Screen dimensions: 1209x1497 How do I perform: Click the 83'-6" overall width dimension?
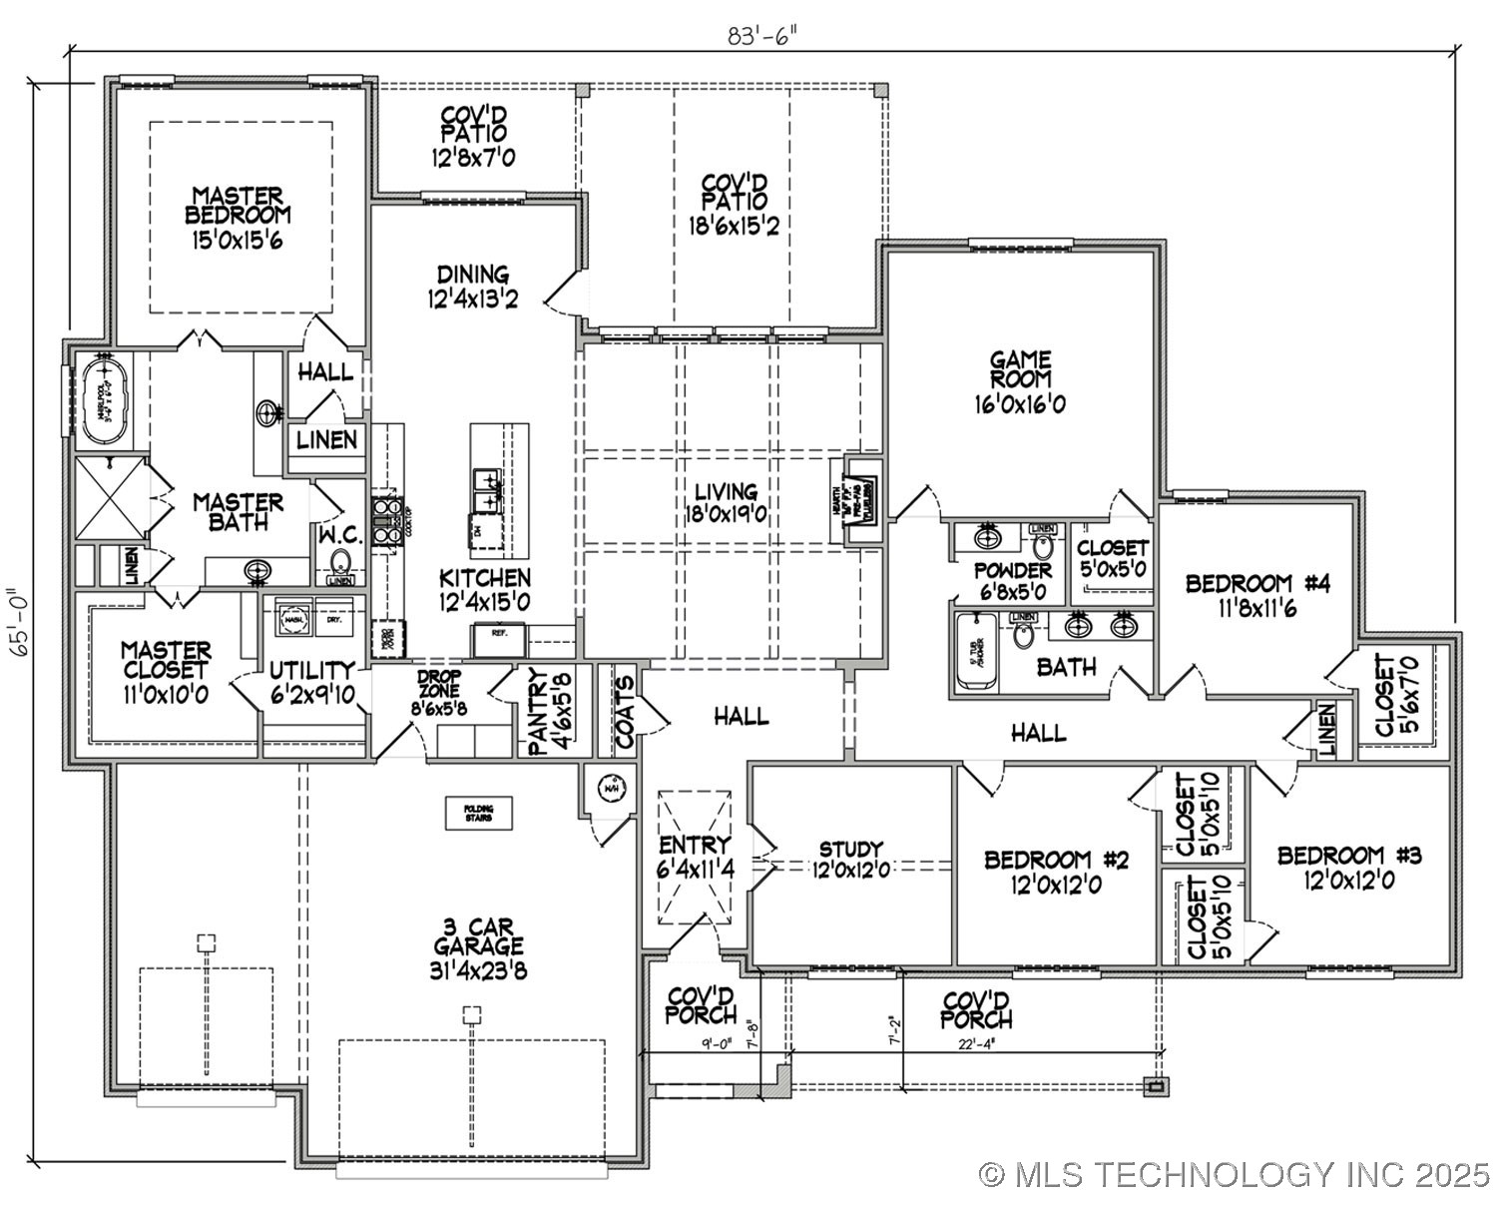pos(762,36)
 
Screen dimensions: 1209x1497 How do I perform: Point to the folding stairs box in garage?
pos(478,813)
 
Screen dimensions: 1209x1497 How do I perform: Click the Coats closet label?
pos(624,713)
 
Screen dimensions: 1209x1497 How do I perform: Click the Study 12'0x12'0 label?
pos(850,860)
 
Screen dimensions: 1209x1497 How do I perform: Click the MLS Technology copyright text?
pos(1234,1175)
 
